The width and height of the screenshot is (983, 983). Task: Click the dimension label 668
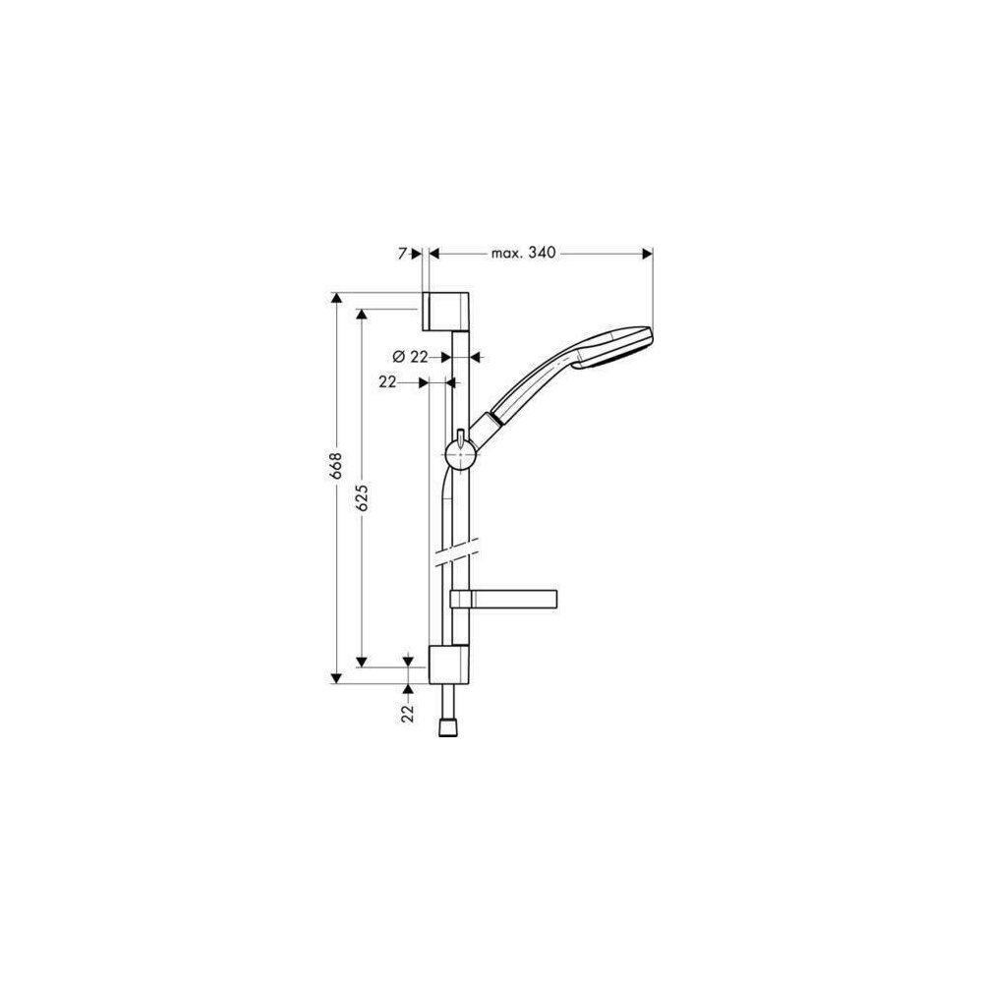tap(336, 466)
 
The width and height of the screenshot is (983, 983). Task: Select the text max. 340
tap(524, 253)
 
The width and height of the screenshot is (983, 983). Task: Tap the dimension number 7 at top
tap(402, 254)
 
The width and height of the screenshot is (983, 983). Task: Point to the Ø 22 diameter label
tap(410, 357)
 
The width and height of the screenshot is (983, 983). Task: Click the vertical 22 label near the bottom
tap(408, 713)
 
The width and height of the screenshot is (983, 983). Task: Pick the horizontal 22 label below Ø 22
tap(387, 381)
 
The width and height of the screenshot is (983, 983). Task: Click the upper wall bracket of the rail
tap(445, 311)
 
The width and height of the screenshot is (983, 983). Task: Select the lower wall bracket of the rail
tap(448, 664)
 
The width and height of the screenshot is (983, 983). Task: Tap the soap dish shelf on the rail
tap(503, 599)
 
